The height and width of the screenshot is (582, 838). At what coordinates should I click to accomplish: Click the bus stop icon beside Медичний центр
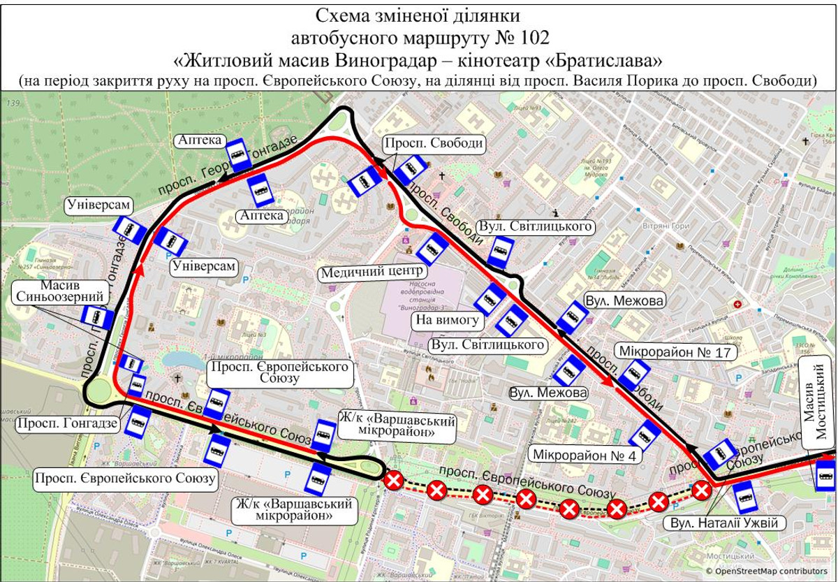pos(433,249)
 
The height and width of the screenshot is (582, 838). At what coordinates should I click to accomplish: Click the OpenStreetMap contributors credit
pos(770,571)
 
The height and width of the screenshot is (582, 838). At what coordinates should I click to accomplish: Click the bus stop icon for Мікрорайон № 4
pos(644,435)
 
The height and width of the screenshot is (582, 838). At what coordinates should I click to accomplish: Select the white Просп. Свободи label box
pos(433,143)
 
